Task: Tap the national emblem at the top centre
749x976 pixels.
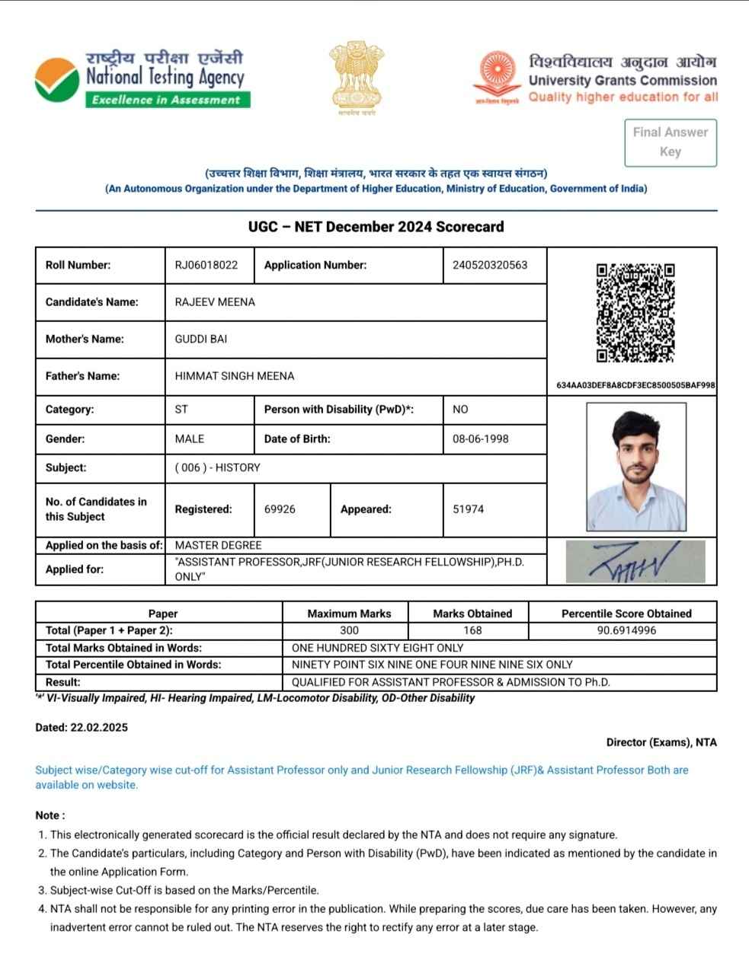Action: pyautogui.click(x=353, y=77)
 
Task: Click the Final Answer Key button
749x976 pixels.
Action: pyautogui.click(x=670, y=142)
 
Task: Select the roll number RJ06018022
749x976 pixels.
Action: pyautogui.click(x=206, y=265)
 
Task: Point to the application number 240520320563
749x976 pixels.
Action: pyautogui.click(x=489, y=265)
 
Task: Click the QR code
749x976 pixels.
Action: pyautogui.click(x=635, y=313)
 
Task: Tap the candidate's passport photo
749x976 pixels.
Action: pyautogui.click(x=635, y=466)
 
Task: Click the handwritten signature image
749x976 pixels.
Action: pyautogui.click(x=635, y=563)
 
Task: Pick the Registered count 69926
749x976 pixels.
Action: pyautogui.click(x=280, y=509)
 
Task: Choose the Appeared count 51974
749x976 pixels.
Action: pyautogui.click(x=468, y=509)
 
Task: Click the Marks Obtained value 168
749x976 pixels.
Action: pyautogui.click(x=472, y=630)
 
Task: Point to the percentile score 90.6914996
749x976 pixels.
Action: pyautogui.click(x=626, y=630)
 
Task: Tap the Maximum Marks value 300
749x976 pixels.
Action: pyautogui.click(x=349, y=630)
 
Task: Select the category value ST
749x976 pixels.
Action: pyautogui.click(x=181, y=410)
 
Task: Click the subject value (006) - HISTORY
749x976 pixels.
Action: pyautogui.click(x=217, y=467)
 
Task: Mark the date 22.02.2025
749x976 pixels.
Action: pyautogui.click(x=99, y=727)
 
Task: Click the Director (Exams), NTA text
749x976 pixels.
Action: pyautogui.click(x=661, y=742)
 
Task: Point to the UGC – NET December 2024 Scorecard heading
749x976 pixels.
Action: pyautogui.click(x=376, y=227)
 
